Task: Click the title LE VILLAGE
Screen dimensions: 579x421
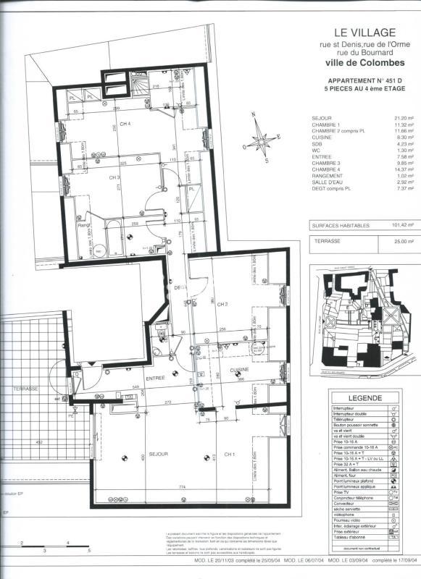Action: [364, 32]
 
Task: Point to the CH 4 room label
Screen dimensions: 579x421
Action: [125, 124]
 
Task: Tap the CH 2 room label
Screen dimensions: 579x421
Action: [224, 304]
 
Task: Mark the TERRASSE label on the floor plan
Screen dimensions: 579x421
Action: [26, 389]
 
